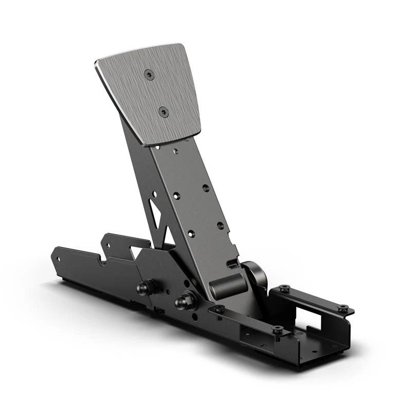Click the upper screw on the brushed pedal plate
[149, 74]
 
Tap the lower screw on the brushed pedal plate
[163, 111]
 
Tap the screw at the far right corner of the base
[343, 309]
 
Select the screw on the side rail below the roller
[219, 309]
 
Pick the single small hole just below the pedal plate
[176, 152]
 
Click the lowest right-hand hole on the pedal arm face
[220, 225]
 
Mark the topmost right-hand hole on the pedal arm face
[205, 188]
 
